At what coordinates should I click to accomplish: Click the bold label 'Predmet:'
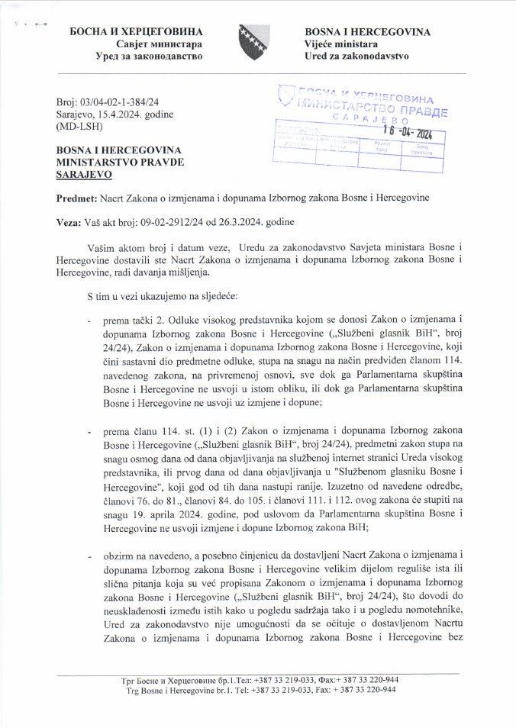tap(77, 198)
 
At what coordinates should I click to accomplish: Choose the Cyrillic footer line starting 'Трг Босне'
tap(260, 678)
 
